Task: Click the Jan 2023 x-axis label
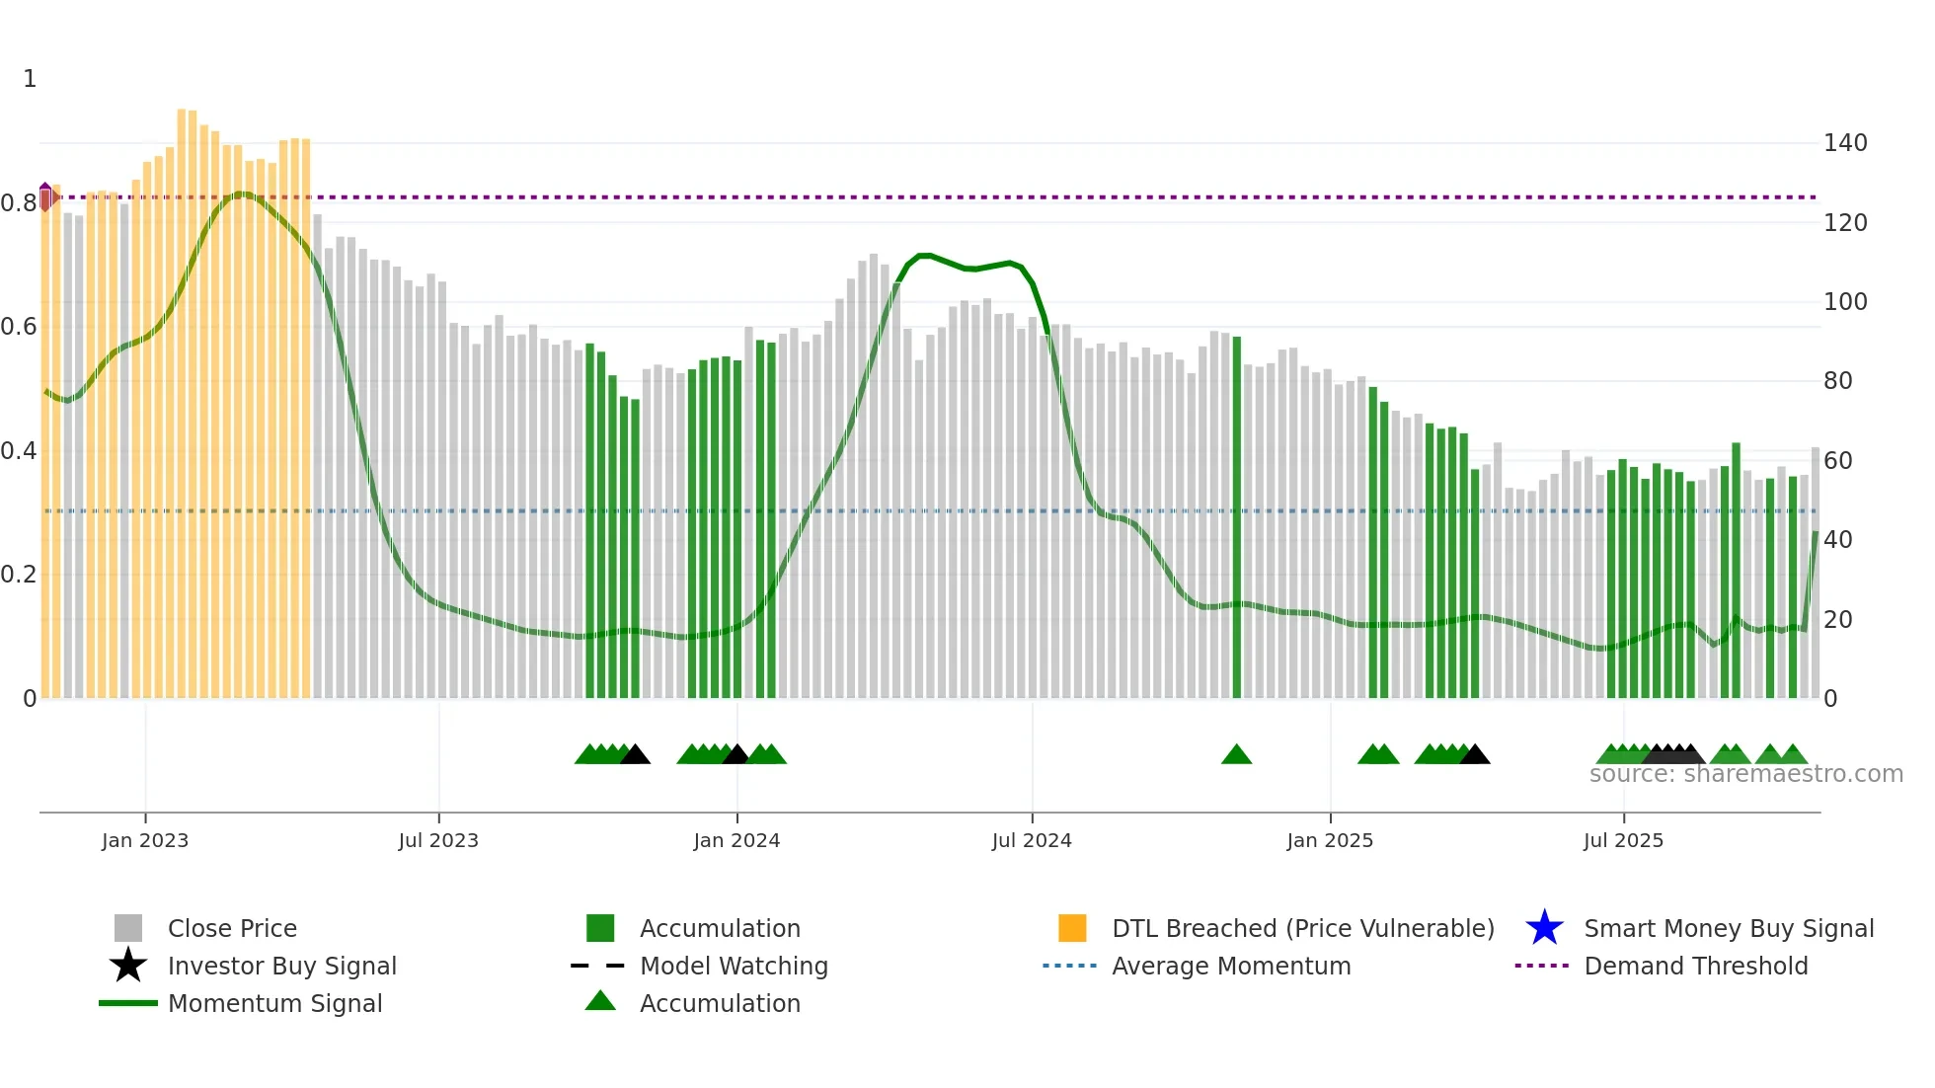pyautogui.click(x=144, y=840)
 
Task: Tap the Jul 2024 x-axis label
pyautogui.click(x=1032, y=840)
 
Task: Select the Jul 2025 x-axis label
pyautogui.click(x=1623, y=840)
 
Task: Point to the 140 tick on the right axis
pyautogui.click(x=1844, y=143)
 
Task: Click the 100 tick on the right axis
pyautogui.click(x=1844, y=302)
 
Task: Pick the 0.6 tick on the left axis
pyautogui.click(x=19, y=327)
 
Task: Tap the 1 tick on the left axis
pyautogui.click(x=30, y=79)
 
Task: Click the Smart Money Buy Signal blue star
pyautogui.click(x=1544, y=928)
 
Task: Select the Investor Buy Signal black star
pyautogui.click(x=128, y=966)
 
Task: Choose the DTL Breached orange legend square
pyautogui.click(x=1072, y=928)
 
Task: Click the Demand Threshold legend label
pyautogui.click(x=1695, y=966)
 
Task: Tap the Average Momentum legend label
pyautogui.click(x=1231, y=966)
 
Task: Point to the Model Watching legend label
pyautogui.click(x=734, y=966)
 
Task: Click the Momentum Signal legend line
pyautogui.click(x=128, y=1003)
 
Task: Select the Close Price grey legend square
pyautogui.click(x=128, y=928)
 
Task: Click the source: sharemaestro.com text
pyautogui.click(x=1745, y=774)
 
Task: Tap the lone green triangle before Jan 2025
pyautogui.click(x=1236, y=755)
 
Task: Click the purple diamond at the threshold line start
pyautogui.click(x=45, y=196)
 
